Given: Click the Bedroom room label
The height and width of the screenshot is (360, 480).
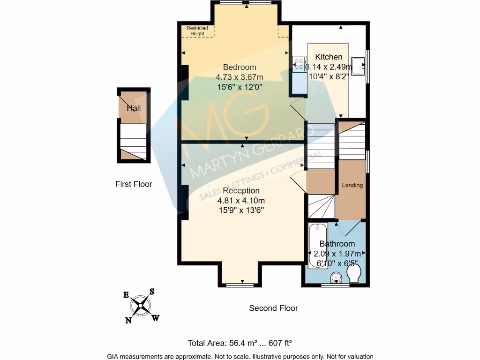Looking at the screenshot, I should click(x=240, y=67).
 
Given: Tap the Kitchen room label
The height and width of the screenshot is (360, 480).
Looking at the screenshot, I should click(x=328, y=57).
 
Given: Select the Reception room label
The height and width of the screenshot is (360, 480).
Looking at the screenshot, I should click(x=241, y=191).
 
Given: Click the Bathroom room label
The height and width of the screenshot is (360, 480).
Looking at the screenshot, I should click(x=337, y=244).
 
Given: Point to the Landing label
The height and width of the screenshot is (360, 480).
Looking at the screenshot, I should click(x=352, y=185).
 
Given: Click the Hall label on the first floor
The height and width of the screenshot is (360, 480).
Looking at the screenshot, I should click(x=134, y=108).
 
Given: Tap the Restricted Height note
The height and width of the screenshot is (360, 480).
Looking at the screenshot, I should click(x=197, y=31).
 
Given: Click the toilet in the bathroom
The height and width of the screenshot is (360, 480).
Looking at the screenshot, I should click(x=354, y=274).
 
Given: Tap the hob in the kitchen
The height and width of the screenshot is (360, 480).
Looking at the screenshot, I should click(x=299, y=65).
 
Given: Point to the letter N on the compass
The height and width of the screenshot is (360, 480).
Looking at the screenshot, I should click(x=128, y=321).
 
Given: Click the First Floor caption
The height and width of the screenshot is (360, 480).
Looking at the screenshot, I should click(x=134, y=184).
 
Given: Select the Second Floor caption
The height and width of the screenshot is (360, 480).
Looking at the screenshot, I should click(x=273, y=308).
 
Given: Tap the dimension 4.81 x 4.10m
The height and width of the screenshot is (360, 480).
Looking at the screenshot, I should click(x=240, y=201).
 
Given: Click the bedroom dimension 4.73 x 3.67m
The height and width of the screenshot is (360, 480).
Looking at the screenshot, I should click(x=240, y=77).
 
